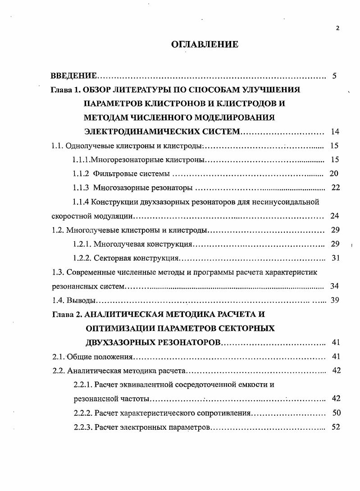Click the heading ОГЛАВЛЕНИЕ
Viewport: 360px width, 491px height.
pos(205,44)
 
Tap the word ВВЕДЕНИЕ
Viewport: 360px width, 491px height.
pos(73,75)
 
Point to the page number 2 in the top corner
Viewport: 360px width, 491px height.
pos(338,28)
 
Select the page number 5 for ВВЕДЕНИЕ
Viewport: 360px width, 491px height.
pos(334,75)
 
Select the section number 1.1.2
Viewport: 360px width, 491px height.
pos(82,174)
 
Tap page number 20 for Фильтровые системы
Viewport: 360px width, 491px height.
pos(334,174)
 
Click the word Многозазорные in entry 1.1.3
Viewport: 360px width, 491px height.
pos(118,188)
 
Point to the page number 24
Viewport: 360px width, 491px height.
pos(334,216)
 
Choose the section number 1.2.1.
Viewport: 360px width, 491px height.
pos(82,244)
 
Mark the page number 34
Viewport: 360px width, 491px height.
pos(334,286)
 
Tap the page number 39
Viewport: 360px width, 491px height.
pos(334,300)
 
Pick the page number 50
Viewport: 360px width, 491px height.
pos(336,413)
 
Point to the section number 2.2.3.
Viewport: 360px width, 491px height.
pos(83,427)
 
